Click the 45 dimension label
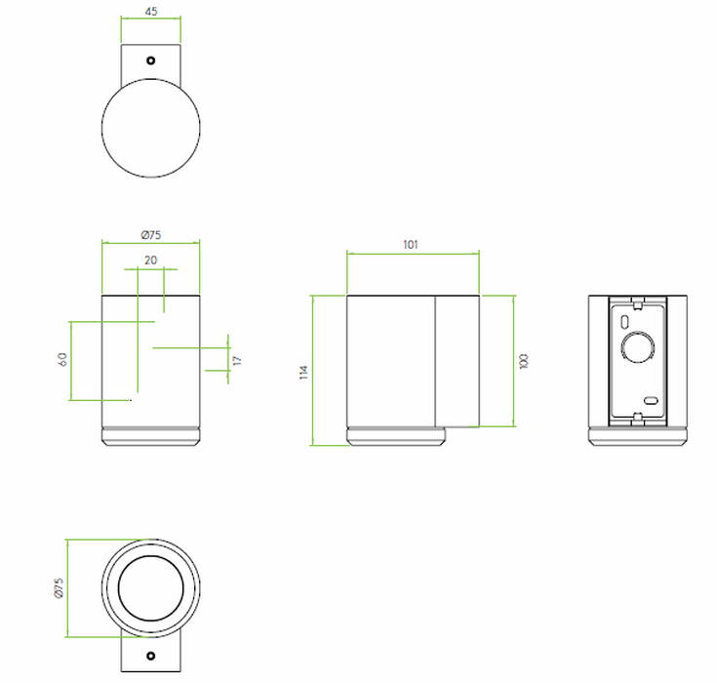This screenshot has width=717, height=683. point(151,12)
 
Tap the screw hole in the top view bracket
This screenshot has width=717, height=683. point(150,60)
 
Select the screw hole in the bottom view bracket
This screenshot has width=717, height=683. point(150,656)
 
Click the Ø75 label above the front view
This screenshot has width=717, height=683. point(151,235)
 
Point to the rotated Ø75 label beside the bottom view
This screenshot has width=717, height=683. point(59,588)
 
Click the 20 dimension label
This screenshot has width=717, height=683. point(151,261)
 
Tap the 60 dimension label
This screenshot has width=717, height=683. point(62,359)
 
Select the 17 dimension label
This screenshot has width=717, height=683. point(236,360)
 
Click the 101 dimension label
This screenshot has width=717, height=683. point(411,245)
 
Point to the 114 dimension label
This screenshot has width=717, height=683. point(303,372)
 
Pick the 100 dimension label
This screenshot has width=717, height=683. point(524,361)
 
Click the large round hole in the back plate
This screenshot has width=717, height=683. point(637,347)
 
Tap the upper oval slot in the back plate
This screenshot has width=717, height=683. point(624,322)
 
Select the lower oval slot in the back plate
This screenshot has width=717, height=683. point(651,401)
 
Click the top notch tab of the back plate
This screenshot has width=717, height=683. point(637,301)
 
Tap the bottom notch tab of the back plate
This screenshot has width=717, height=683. point(637,418)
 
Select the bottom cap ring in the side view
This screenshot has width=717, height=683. point(396,436)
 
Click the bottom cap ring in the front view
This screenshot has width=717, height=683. point(151,436)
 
